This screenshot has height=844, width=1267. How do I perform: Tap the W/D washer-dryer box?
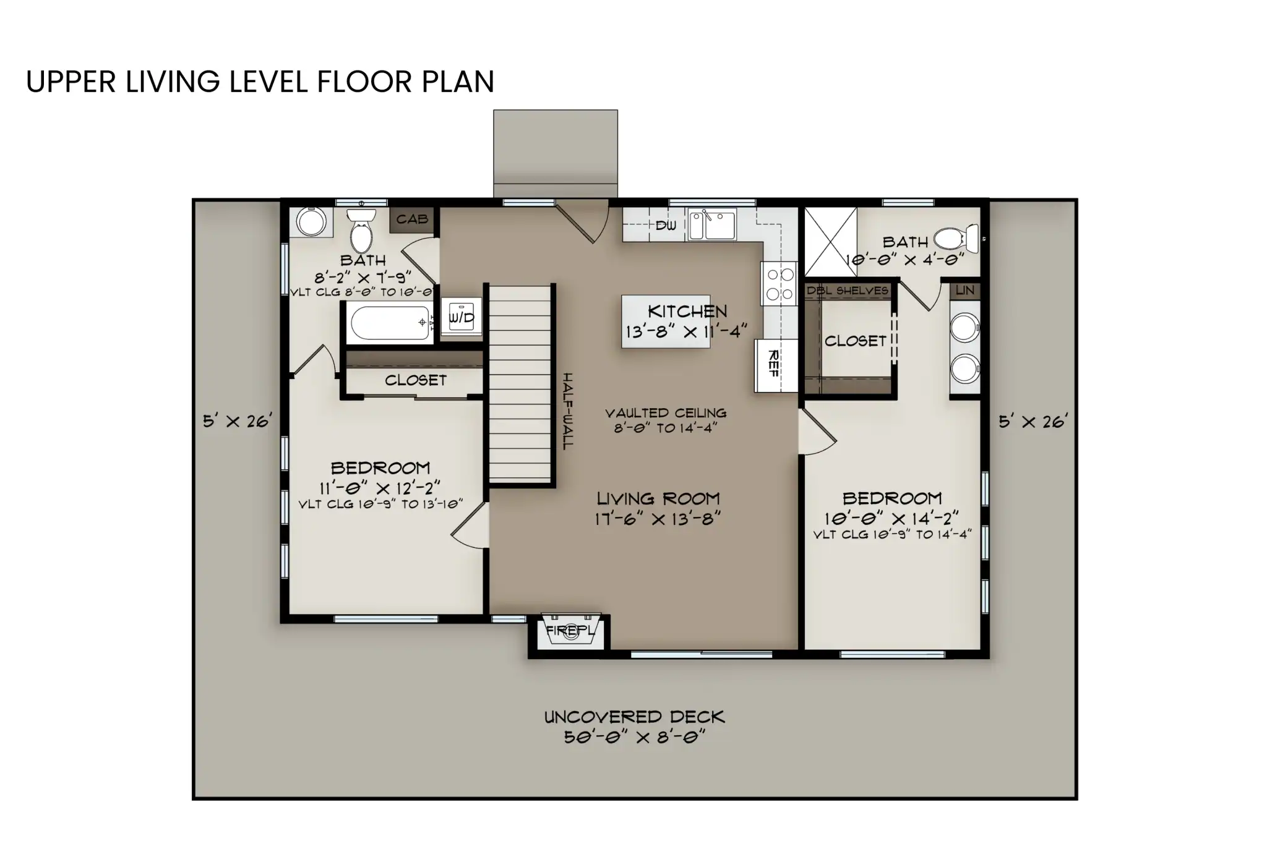(461, 318)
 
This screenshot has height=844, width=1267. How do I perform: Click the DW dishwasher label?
(666, 226)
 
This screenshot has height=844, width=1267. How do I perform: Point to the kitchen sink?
(712, 224)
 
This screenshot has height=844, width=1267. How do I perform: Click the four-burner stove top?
(780, 284)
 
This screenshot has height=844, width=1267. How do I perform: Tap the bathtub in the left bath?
(390, 323)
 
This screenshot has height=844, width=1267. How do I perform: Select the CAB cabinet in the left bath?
(411, 220)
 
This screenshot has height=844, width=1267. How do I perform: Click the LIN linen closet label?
(964, 290)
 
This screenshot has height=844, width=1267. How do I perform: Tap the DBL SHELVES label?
(847, 291)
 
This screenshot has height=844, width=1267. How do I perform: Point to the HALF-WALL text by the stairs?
(567, 411)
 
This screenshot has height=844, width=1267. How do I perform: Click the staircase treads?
(520, 383)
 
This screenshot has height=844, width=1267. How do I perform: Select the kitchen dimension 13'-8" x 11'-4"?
(686, 332)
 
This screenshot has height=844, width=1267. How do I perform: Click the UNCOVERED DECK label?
(634, 717)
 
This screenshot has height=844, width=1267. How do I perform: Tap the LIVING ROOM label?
(658, 498)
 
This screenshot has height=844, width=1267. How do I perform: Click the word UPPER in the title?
(71, 82)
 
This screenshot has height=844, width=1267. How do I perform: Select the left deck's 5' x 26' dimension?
(238, 422)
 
